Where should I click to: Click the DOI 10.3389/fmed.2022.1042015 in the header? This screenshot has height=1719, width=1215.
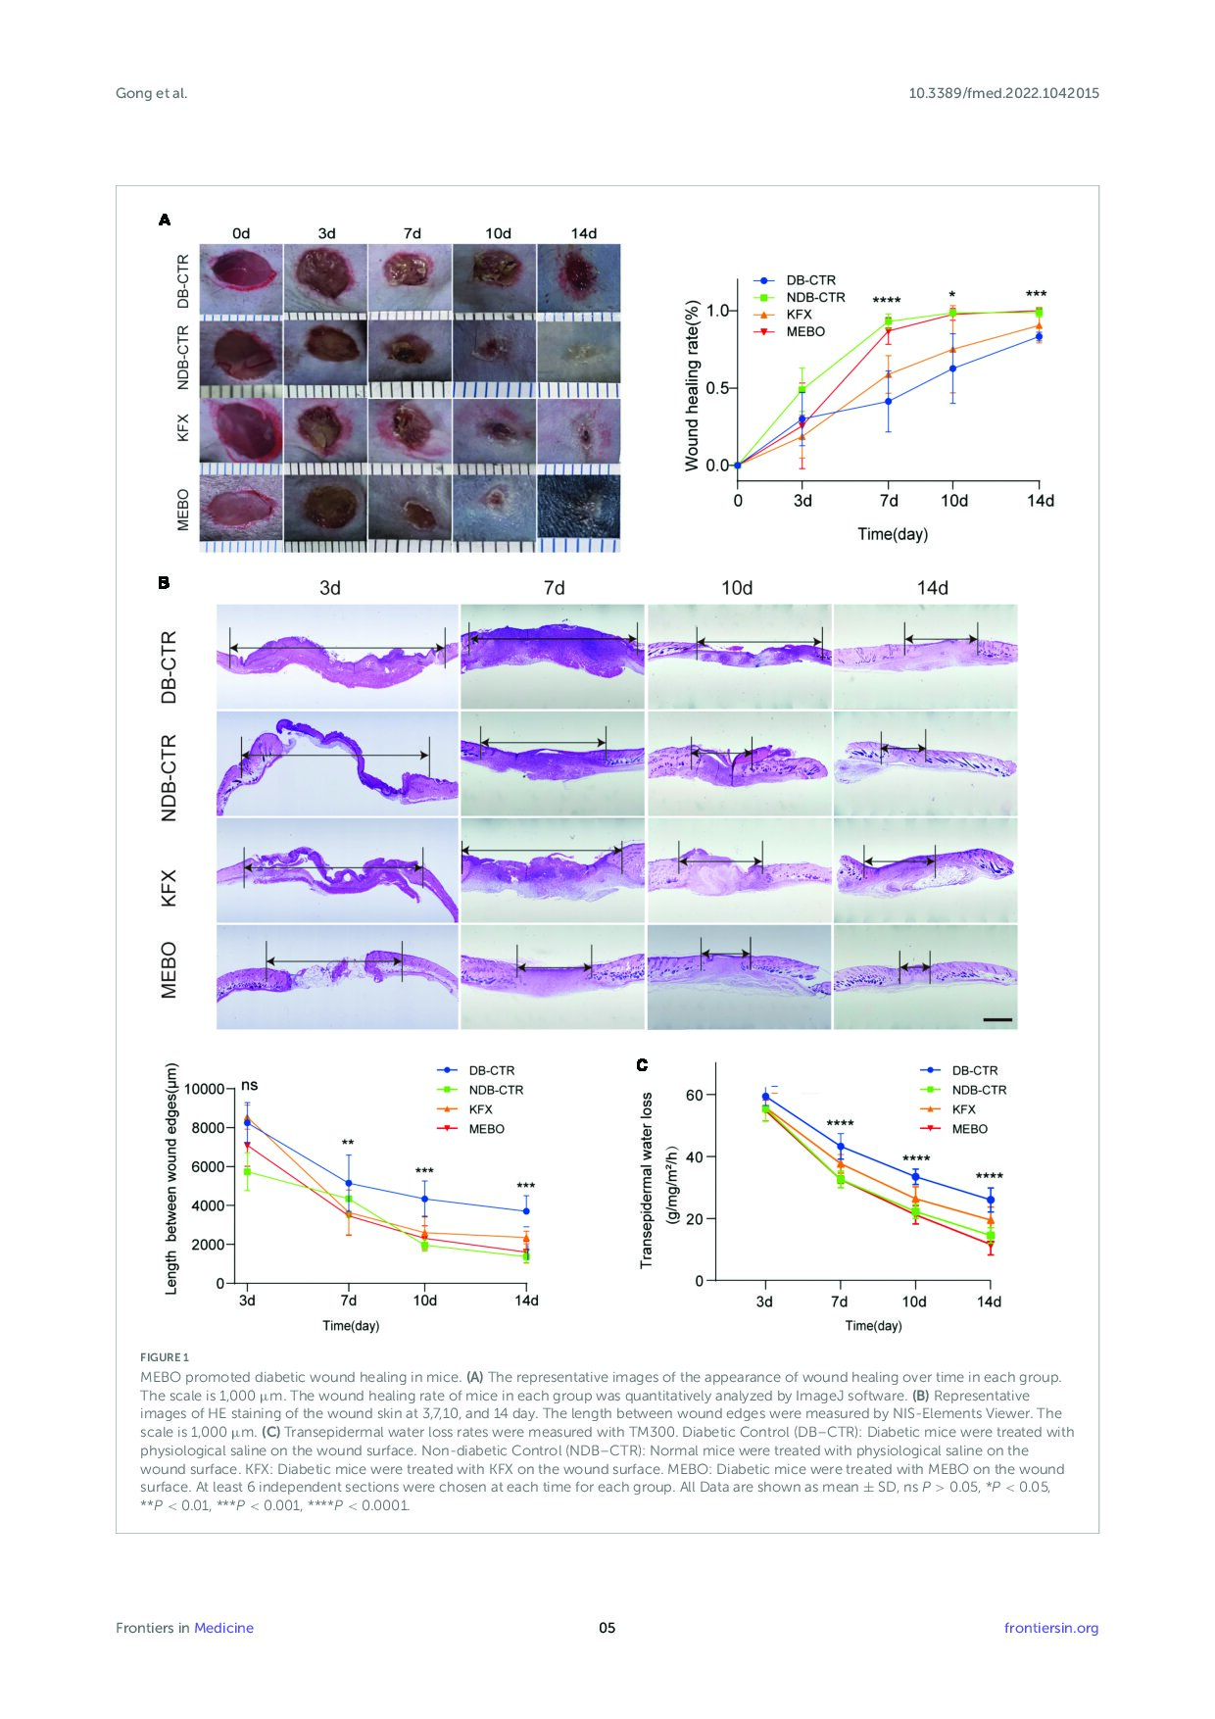[x=1003, y=93]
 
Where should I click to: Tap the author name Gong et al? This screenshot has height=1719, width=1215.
[x=151, y=93]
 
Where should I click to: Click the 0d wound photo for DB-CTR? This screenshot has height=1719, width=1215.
[x=241, y=279]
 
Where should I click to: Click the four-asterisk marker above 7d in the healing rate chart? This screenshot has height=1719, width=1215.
[x=887, y=301]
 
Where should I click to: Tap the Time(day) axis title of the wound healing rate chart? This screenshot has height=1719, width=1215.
[x=893, y=534]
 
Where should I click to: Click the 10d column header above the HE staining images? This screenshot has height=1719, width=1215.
[x=737, y=588]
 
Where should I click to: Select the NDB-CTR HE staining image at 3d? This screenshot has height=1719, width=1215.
[x=337, y=763]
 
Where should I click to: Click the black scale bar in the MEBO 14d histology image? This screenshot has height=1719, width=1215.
[x=996, y=1019]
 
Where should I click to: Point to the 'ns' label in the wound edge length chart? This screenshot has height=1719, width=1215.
[x=249, y=1086]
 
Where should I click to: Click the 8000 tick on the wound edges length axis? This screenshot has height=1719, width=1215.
[x=208, y=1128]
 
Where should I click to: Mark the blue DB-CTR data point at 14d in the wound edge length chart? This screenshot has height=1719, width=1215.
[x=526, y=1211]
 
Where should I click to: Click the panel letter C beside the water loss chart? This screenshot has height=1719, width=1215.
[x=643, y=1065]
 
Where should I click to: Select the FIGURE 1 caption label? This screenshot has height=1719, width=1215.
[x=165, y=1357]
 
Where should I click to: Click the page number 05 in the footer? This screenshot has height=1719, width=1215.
[x=607, y=1628]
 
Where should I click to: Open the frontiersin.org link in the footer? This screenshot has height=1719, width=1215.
[x=1051, y=1628]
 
